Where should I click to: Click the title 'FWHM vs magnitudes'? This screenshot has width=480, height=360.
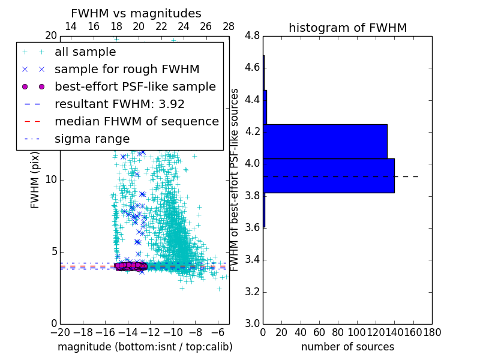tap(136, 13)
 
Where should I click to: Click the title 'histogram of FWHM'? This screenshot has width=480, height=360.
tap(347, 28)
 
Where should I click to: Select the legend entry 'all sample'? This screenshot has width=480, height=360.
tap(85, 52)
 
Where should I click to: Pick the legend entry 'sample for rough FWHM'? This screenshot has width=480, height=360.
tap(127, 69)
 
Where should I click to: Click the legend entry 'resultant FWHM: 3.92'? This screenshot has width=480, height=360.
tap(119, 104)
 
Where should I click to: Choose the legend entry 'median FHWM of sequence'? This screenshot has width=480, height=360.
tap(136, 121)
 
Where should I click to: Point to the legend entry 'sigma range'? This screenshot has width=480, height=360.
tap(92, 139)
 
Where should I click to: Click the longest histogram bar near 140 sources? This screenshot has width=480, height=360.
tap(329, 176)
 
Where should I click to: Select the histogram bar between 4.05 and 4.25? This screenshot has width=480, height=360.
tap(325, 141)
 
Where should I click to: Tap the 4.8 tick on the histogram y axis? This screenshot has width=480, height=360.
tap(252, 36)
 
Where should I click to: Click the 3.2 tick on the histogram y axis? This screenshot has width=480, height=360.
tap(252, 292)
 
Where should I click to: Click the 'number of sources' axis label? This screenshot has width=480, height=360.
tap(347, 347)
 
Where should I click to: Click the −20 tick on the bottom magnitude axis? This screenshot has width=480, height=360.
tap(60, 332)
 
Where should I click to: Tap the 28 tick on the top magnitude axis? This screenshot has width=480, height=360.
tap(229, 27)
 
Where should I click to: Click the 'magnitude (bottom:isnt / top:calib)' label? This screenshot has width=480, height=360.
tap(145, 347)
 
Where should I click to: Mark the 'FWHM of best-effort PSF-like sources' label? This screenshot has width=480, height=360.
tap(235, 179)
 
